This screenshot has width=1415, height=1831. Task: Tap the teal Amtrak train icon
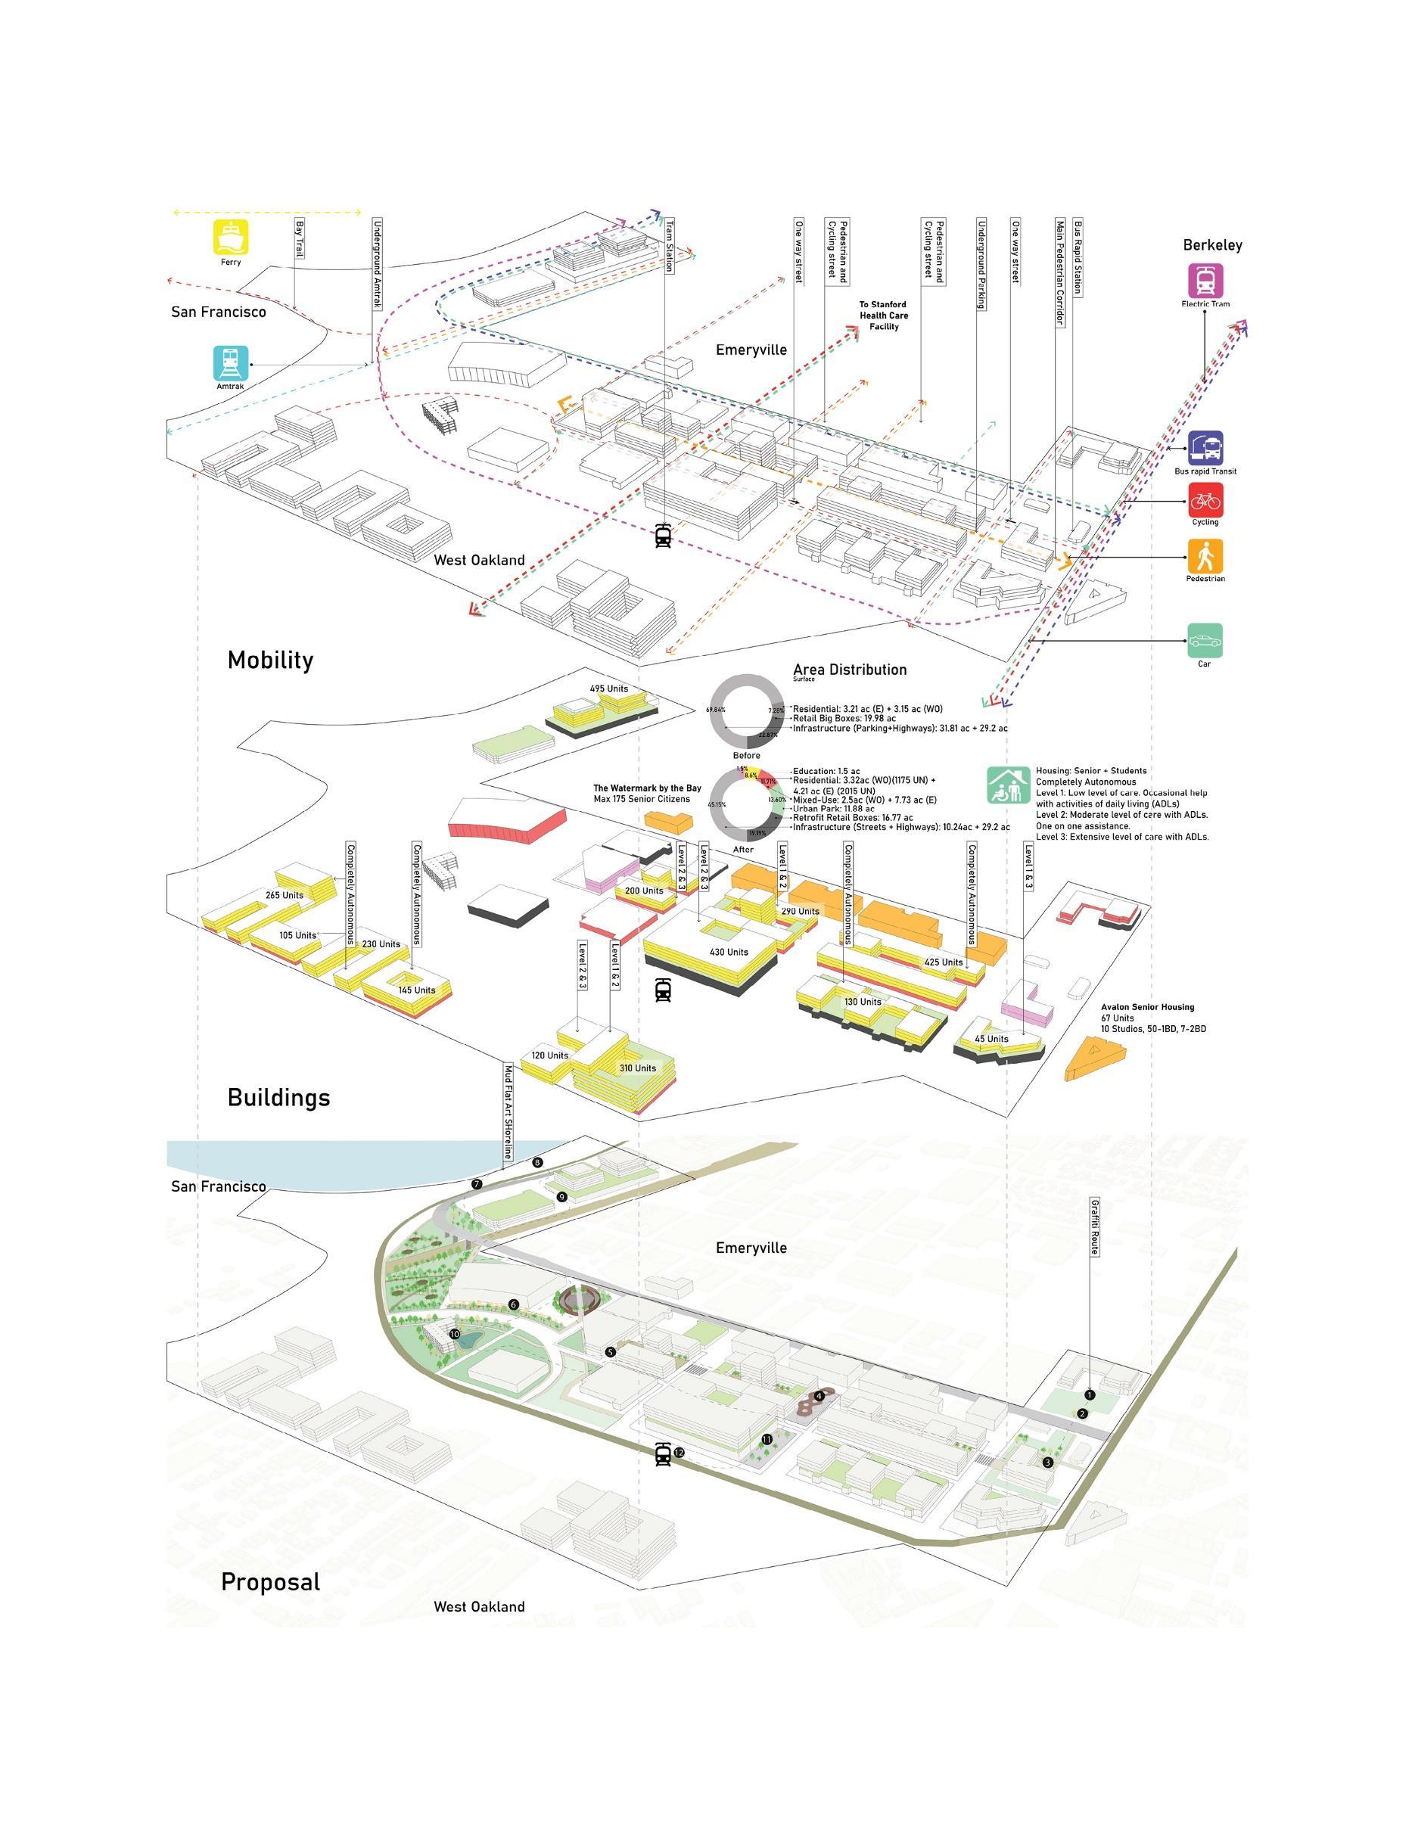231,363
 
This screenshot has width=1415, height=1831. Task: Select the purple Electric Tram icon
1205,280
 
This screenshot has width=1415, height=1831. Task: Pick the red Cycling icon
1205,501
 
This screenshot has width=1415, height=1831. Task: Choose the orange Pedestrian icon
1205,555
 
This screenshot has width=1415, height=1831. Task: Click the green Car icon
1205,641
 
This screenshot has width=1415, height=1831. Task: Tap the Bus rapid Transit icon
1205,448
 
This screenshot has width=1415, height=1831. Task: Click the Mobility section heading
270,660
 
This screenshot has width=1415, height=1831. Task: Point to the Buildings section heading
278,1097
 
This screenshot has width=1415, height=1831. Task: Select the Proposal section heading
270,1582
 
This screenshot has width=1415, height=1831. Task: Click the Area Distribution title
849,669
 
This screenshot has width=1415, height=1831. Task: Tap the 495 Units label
608,689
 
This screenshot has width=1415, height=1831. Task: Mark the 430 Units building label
729,952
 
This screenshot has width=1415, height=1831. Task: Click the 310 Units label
637,1068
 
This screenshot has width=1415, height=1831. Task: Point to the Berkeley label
1212,246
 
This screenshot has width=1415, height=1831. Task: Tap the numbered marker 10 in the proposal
454,1333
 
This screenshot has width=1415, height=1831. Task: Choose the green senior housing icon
1008,785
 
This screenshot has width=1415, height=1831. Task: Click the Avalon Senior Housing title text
1146,1007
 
